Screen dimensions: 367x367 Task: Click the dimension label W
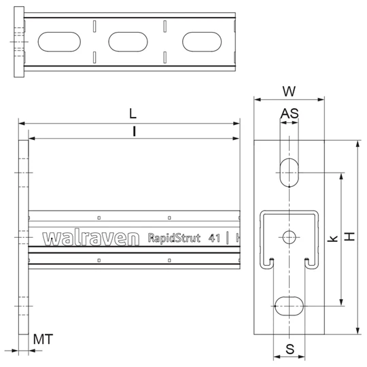[x=289, y=91]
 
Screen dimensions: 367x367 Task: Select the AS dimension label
[x=290, y=113]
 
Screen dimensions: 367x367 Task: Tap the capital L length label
[x=133, y=113]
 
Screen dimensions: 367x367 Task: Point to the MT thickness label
[x=43, y=339]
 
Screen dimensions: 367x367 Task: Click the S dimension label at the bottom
[x=290, y=349]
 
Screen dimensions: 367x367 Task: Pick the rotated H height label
[x=350, y=237]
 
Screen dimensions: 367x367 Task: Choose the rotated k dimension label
[x=333, y=239]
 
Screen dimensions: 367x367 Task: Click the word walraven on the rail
[x=91, y=239]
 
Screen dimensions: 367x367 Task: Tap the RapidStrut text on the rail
[x=174, y=239]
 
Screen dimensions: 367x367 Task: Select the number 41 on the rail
[x=214, y=239]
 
